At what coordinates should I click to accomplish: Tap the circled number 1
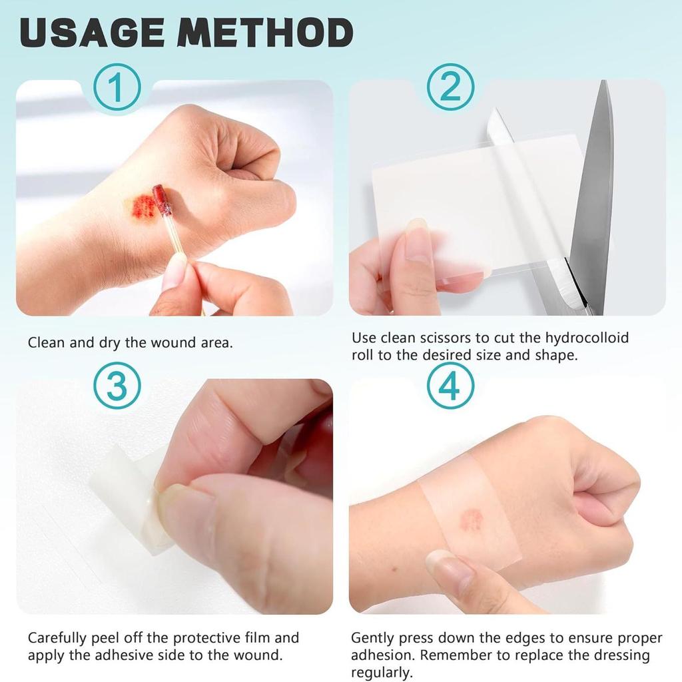tap(117, 87)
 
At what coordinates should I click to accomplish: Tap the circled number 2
tap(450, 87)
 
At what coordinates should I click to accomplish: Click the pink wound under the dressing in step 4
tap(471, 519)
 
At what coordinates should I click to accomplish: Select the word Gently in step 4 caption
tap(374, 638)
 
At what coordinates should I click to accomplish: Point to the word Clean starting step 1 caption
tap(46, 343)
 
